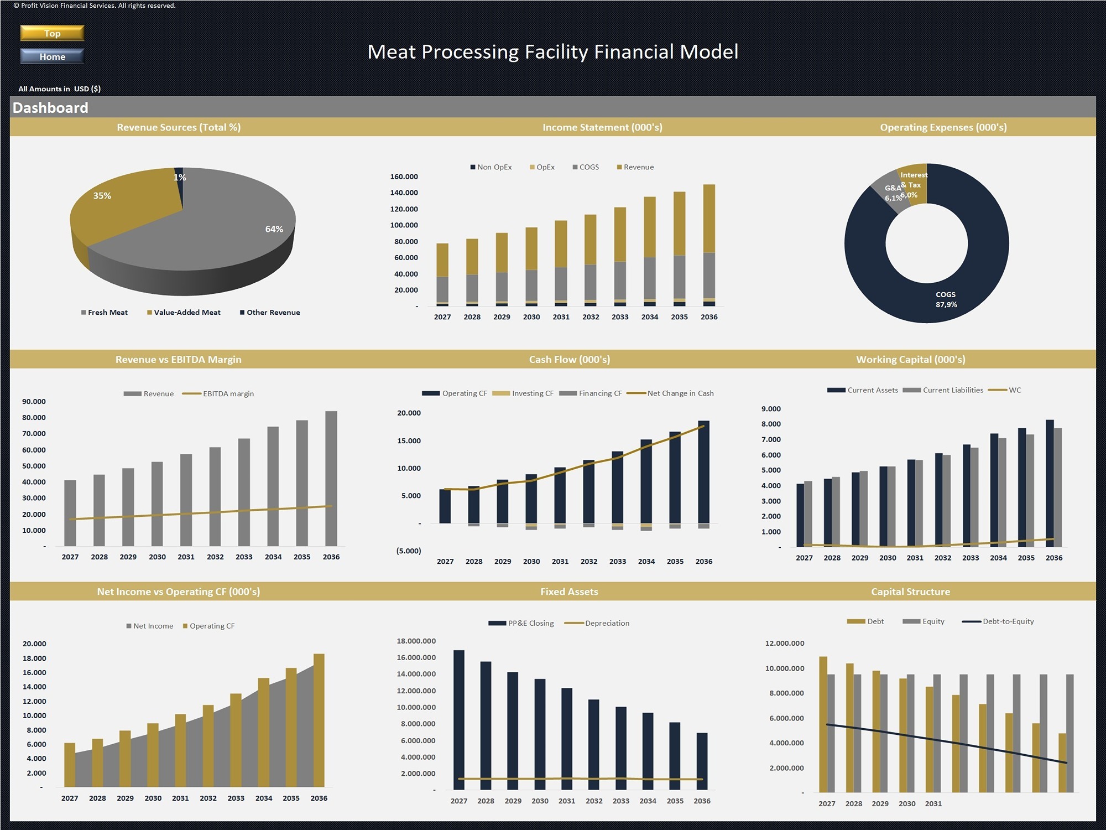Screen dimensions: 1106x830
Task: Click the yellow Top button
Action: pos(52,33)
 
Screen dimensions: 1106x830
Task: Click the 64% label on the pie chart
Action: pos(274,229)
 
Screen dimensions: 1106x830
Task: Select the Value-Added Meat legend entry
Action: pos(184,313)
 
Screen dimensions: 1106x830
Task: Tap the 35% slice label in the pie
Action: pos(102,196)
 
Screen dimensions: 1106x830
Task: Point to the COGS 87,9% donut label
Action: pos(946,299)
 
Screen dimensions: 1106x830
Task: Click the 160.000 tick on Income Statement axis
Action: pos(404,177)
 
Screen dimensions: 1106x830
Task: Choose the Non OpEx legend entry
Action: pos(491,167)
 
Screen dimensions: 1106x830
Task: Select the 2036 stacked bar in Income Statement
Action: pos(709,245)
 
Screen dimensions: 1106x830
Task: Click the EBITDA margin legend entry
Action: pos(218,394)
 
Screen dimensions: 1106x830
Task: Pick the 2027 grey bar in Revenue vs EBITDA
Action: pos(70,513)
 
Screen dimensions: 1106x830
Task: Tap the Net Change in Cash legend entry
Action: pos(670,393)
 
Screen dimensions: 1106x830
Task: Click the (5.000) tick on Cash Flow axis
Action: pos(409,551)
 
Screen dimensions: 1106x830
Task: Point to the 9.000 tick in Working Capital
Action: pos(771,409)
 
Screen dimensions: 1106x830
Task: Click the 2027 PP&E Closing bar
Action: pos(459,720)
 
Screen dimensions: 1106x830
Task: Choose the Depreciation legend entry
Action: pos(597,623)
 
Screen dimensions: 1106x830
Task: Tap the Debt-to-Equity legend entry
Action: pos(998,621)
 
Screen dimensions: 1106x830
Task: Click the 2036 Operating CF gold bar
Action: pos(319,720)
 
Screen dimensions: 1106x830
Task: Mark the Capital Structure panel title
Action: pos(911,592)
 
